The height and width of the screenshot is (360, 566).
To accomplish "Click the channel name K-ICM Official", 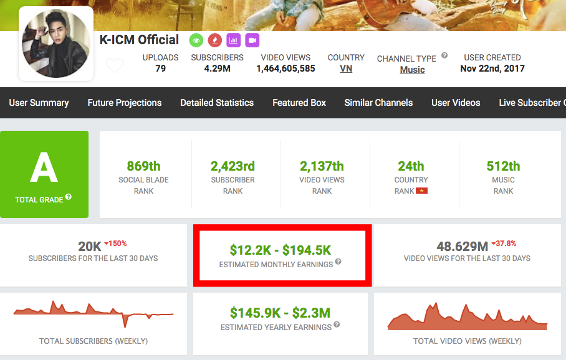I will click(139, 40).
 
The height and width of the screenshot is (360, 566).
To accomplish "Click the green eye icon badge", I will click(196, 40).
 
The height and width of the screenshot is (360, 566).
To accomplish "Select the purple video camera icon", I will click(252, 40).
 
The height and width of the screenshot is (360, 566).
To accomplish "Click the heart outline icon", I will click(115, 65).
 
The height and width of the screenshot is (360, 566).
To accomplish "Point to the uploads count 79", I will click(160, 69).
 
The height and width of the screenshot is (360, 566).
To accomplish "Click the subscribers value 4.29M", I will click(217, 69).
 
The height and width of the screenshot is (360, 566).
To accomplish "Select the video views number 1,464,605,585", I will click(285, 69).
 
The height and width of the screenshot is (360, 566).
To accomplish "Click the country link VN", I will click(346, 69).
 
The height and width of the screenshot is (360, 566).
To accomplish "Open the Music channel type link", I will click(412, 70).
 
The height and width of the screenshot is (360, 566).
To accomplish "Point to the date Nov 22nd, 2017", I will click(492, 69).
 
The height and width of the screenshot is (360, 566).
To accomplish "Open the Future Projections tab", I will click(125, 103).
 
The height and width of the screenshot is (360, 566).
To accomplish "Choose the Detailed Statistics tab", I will click(217, 103).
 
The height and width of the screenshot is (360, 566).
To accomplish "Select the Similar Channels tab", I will click(378, 103).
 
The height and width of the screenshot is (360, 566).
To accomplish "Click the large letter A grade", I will click(44, 166).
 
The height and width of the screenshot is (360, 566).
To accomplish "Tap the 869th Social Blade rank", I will click(143, 166).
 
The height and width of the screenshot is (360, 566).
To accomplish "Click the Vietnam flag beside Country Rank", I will click(422, 191).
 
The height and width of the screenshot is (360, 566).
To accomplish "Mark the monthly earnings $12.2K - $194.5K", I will click(281, 250).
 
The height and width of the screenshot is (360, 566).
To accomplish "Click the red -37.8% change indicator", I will click(504, 244).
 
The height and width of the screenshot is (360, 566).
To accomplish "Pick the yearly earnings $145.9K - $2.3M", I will click(280, 313).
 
